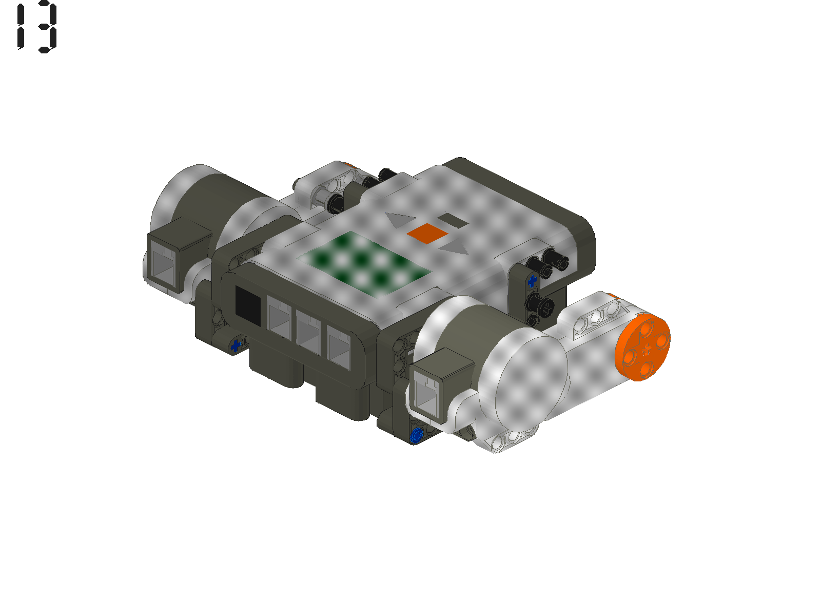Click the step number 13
coord(37,28)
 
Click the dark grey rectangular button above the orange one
coord(453,221)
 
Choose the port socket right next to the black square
coord(279,318)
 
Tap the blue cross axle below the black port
coord(236,345)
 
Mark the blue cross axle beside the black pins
coord(532,281)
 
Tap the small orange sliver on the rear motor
coord(349,165)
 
